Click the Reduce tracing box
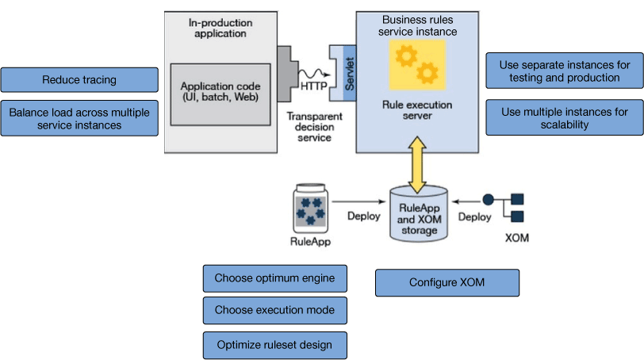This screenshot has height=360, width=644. click(79, 79)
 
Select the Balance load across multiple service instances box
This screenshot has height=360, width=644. click(79, 118)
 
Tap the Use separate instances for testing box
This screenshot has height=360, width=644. click(564, 71)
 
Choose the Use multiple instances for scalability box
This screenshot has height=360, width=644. click(564, 118)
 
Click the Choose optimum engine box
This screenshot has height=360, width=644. click(274, 278)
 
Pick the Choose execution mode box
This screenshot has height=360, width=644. click(274, 310)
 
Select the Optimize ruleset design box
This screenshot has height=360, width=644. click(274, 345)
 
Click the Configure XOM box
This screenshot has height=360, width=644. click(447, 282)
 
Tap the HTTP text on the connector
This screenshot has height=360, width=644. click(314, 85)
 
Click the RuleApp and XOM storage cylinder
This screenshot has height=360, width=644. click(418, 214)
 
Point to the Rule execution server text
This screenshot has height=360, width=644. click(416, 109)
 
